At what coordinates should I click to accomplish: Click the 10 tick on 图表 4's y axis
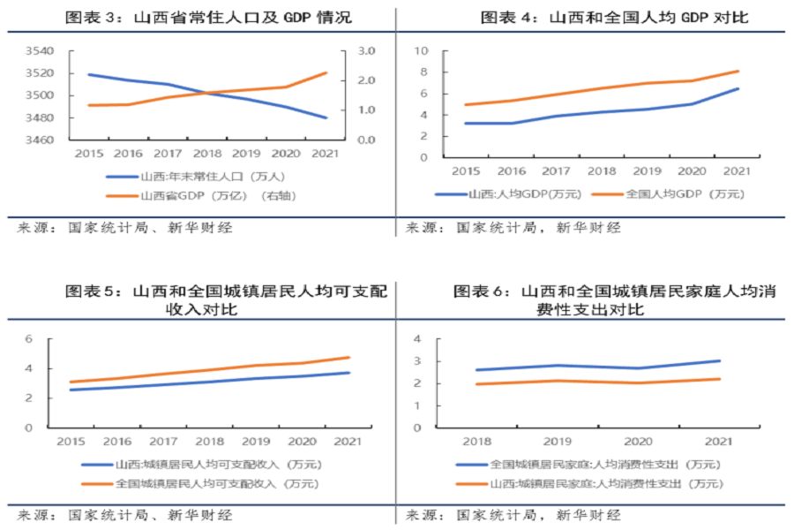(423, 51)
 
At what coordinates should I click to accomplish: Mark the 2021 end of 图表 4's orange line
(738, 71)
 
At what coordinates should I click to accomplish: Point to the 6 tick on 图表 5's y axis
(53, 339)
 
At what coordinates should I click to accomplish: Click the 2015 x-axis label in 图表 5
(70, 440)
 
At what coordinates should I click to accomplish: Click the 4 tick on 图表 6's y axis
(419, 339)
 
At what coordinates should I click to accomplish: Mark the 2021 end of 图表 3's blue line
(326, 117)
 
